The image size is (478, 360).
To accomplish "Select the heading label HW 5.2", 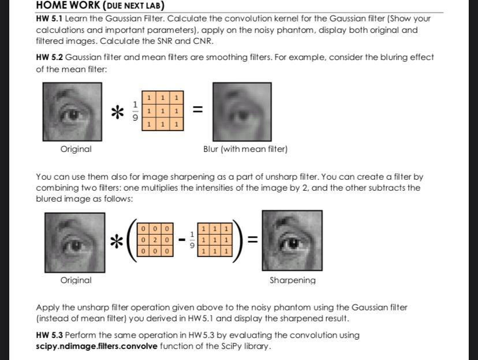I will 49,57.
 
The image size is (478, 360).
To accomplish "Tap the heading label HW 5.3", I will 49,335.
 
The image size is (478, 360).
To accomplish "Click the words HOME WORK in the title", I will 68,6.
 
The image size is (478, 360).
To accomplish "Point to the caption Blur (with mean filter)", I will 245,149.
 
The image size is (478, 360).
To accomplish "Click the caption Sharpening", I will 292,280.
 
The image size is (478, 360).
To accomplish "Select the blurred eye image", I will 242,112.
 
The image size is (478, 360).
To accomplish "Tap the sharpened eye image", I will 292,241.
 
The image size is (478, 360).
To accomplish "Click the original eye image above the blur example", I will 73,112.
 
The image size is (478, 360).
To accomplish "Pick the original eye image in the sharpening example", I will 75,242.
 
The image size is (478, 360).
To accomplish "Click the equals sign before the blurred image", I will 197,109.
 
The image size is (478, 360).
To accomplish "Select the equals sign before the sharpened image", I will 252,239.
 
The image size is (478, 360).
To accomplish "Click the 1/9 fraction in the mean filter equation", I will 136,110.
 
